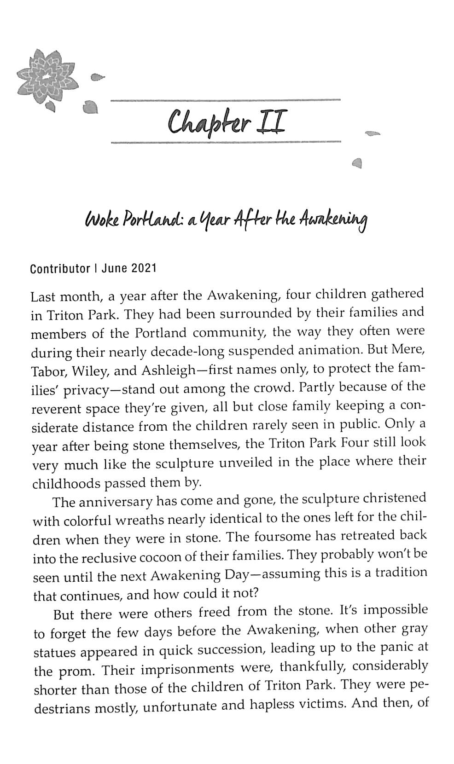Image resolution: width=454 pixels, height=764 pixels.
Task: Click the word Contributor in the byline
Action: (x=60, y=269)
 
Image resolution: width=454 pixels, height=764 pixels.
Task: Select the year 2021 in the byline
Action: (x=144, y=269)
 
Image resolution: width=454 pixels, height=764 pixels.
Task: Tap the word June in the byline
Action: (x=115, y=269)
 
